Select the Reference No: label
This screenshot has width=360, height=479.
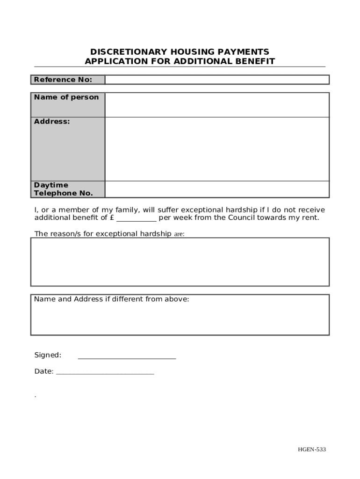[x=63, y=80]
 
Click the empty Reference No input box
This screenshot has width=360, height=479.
[x=217, y=80]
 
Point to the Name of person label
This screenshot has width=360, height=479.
[x=66, y=97]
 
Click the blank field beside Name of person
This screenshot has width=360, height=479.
[x=217, y=104]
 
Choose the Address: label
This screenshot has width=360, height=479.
[x=52, y=122]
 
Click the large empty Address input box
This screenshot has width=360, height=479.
[x=217, y=149]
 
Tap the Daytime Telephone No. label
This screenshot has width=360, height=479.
[x=63, y=189]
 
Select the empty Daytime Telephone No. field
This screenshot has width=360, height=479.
[x=217, y=189]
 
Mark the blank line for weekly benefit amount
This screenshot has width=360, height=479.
[x=136, y=218]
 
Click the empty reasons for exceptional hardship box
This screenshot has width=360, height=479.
[x=180, y=261]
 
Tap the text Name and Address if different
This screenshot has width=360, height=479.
[x=111, y=299]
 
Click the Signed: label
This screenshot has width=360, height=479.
[x=48, y=355]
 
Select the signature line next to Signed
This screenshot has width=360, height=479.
[x=127, y=357]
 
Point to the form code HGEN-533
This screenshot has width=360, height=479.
[x=312, y=450]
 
